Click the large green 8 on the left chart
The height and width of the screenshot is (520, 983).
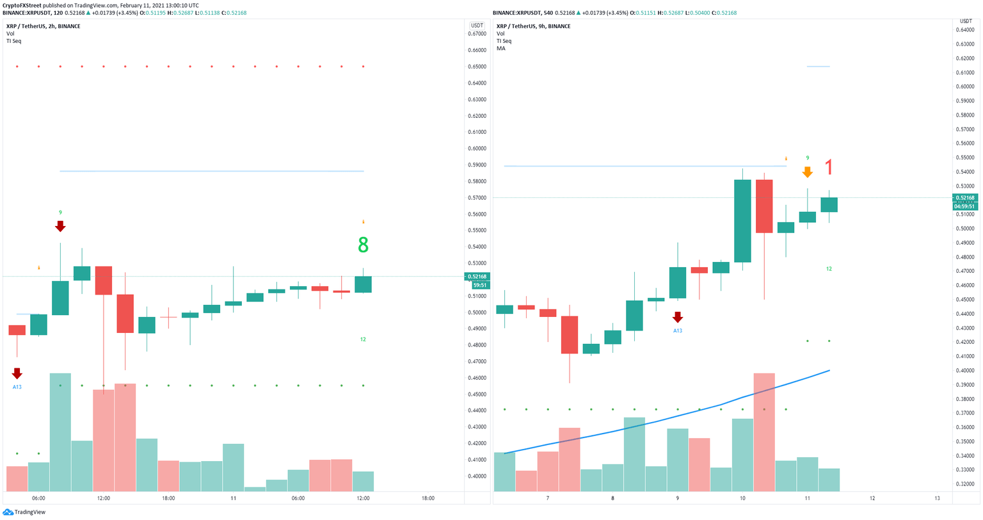[x=363, y=245]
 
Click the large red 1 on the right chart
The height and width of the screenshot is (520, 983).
[x=829, y=168]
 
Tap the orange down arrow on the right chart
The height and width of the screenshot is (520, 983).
[x=808, y=172]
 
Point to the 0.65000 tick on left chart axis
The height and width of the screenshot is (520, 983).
[x=477, y=67]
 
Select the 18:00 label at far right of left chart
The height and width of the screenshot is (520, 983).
[x=428, y=498]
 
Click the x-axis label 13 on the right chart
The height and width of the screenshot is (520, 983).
[x=937, y=498]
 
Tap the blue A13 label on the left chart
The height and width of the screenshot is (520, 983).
[x=17, y=387]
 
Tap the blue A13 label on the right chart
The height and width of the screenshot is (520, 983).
[x=677, y=330]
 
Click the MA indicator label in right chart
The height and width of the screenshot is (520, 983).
[x=500, y=49]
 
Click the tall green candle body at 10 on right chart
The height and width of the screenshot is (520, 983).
[x=742, y=221]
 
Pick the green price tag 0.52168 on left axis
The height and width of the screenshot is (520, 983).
[x=476, y=277]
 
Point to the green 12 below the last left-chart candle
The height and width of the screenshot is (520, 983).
[x=363, y=339]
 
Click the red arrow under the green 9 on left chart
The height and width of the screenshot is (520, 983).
[x=60, y=226]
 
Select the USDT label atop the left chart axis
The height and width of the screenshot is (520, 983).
[x=476, y=26]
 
